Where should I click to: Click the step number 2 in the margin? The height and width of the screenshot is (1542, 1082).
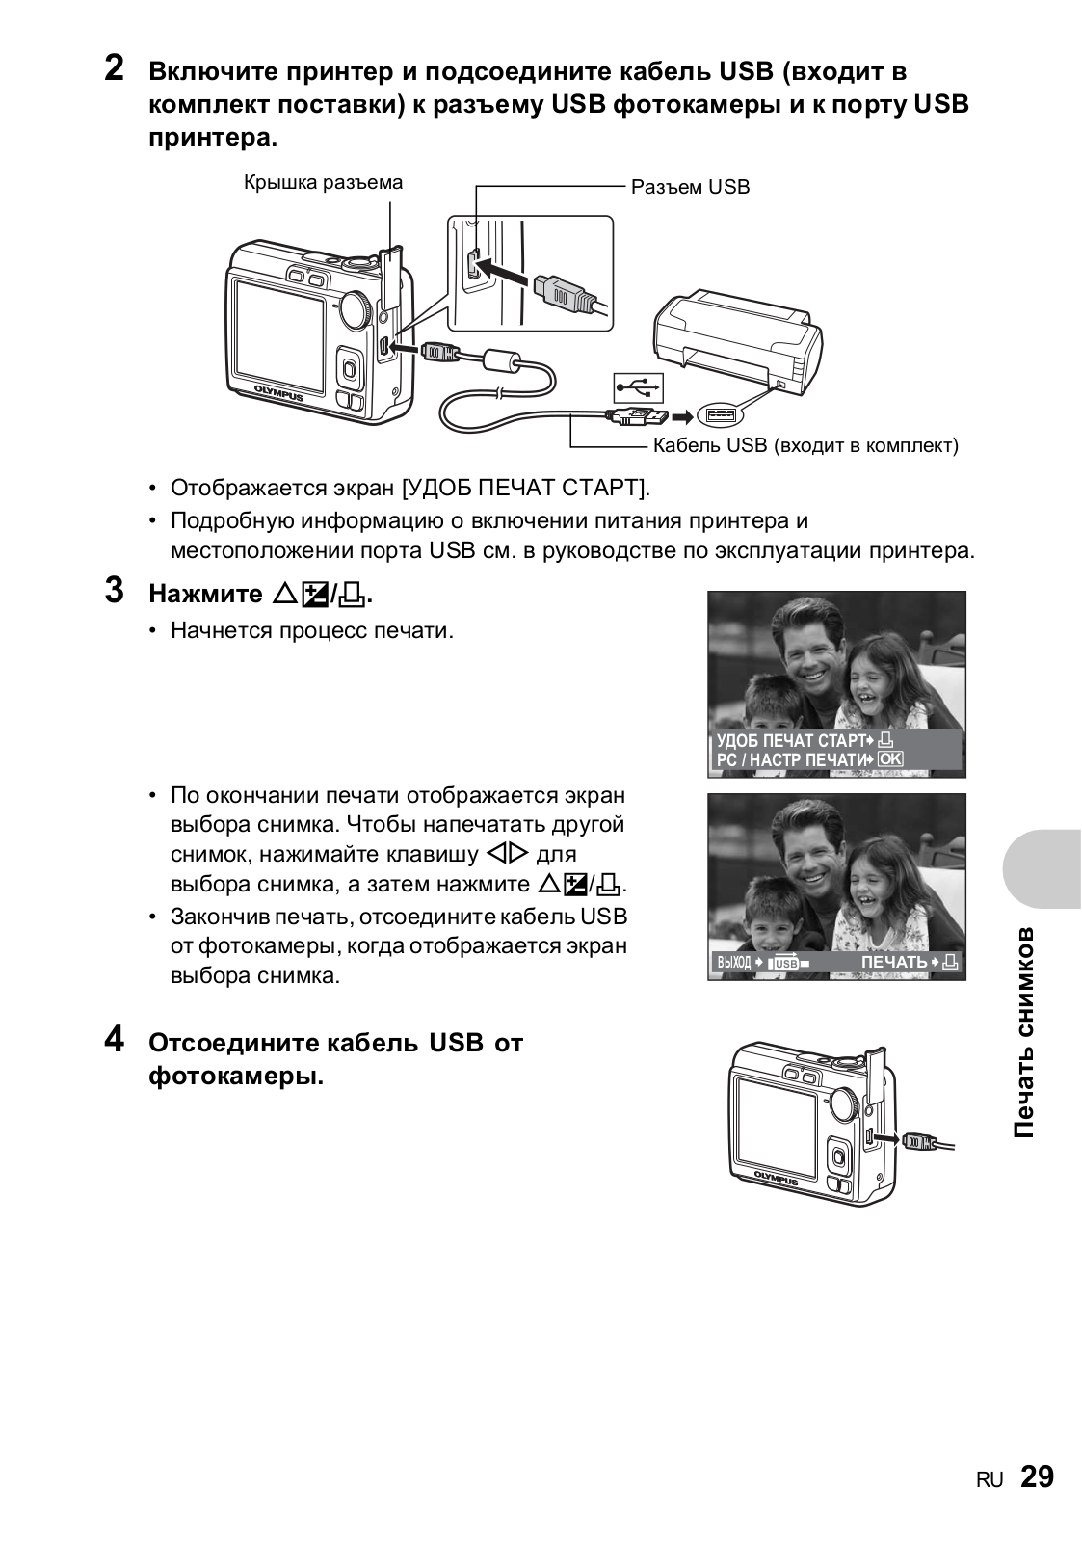click(114, 70)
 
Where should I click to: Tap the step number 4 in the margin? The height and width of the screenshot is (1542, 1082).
click(114, 1041)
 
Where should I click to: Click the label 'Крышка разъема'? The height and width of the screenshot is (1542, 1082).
click(323, 182)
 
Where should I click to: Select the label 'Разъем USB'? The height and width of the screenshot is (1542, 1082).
click(690, 187)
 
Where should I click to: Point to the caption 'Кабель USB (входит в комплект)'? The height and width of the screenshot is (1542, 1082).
click(805, 445)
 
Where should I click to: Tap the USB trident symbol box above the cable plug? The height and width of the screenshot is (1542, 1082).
click(639, 386)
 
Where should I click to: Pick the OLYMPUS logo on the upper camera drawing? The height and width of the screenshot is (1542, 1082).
click(278, 394)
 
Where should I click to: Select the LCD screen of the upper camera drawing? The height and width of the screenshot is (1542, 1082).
click(277, 328)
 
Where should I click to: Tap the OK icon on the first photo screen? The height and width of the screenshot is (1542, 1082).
click(890, 760)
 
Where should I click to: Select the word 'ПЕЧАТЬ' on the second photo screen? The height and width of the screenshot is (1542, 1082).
click(894, 962)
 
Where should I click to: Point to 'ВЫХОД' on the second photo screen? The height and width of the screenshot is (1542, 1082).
click(733, 963)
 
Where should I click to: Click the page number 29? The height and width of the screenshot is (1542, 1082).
click(1037, 1477)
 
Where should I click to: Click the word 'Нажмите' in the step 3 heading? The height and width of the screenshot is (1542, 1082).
click(205, 594)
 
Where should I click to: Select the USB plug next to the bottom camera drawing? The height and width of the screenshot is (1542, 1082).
click(916, 1140)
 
